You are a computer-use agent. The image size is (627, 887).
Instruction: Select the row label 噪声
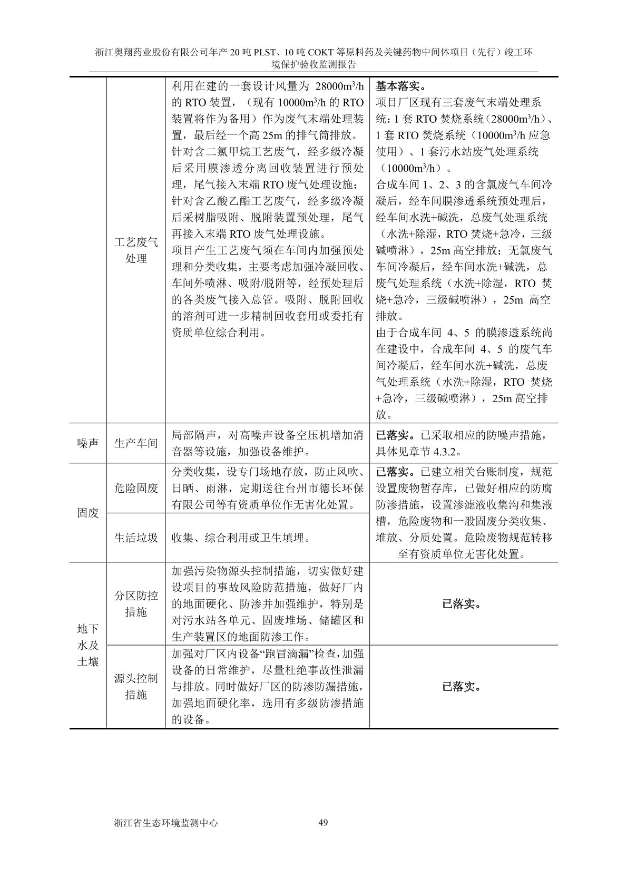[88, 443]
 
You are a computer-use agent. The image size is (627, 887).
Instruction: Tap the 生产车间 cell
[136, 443]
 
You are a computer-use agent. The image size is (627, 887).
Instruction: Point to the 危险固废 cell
[136, 488]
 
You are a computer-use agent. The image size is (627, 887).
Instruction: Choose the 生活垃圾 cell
[136, 538]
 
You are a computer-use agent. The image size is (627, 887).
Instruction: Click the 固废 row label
[88, 512]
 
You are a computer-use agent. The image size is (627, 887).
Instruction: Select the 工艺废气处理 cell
[136, 250]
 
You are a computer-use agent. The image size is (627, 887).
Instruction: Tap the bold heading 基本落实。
[401, 86]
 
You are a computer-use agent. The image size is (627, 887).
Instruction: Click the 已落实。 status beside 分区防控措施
[463, 604]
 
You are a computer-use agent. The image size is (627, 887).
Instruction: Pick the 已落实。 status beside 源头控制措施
[463, 687]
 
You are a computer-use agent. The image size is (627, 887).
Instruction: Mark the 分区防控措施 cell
[136, 604]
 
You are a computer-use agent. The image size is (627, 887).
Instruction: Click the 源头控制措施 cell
[136, 687]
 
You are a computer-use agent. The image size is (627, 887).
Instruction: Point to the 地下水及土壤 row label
[88, 645]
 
